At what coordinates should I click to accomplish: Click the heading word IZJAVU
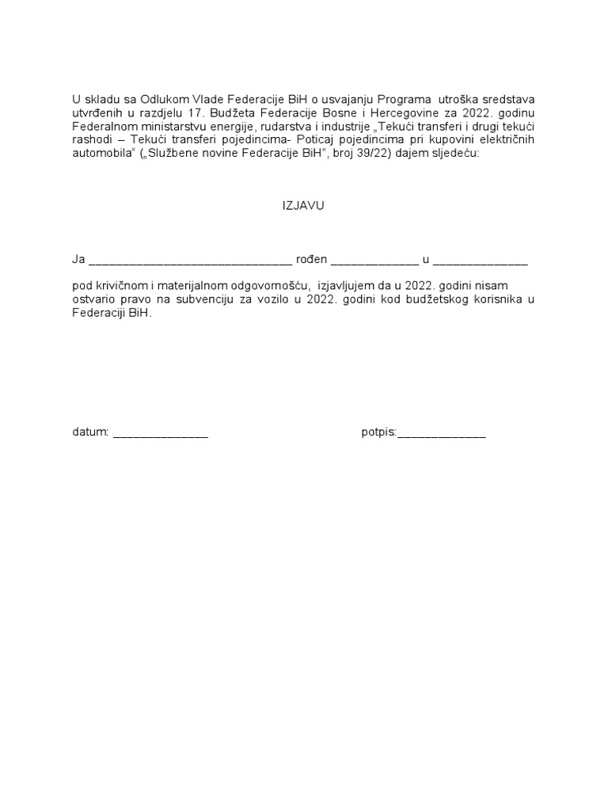pos(304,205)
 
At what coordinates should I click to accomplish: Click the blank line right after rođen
pos(374,261)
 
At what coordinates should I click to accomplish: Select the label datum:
pos(89,432)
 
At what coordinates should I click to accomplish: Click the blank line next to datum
pos(161,435)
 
